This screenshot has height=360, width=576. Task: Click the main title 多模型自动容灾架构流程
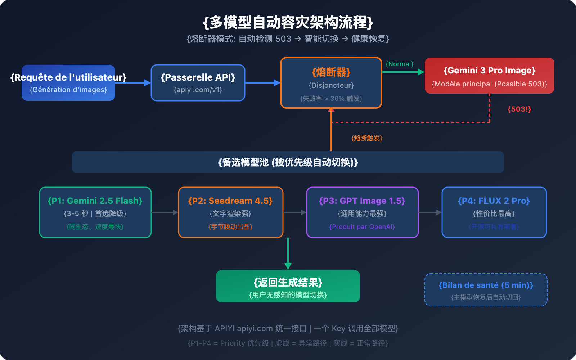click(288, 22)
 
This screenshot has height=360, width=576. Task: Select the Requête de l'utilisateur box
click(68, 83)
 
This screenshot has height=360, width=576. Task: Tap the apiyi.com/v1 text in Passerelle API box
click(198, 90)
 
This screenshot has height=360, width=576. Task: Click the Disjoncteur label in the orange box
click(331, 85)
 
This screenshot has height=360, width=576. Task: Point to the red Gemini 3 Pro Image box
click(489, 76)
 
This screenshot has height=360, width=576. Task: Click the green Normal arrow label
click(399, 64)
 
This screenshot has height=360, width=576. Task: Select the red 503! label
click(519, 109)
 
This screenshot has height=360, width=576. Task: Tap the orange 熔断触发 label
click(367, 138)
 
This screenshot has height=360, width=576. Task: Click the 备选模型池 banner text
click(288, 162)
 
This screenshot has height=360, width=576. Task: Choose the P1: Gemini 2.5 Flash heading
click(95, 201)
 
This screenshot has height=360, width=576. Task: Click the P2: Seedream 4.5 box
click(230, 212)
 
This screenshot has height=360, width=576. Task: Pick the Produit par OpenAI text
click(362, 227)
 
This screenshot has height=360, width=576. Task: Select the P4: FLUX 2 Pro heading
click(494, 201)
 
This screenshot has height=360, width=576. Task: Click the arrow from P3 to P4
click(430, 212)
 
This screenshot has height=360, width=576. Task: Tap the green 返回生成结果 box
click(288, 286)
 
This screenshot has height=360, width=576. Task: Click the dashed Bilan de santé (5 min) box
click(486, 290)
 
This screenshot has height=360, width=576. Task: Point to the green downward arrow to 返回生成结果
click(288, 254)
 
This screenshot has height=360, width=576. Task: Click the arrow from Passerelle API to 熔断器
click(262, 83)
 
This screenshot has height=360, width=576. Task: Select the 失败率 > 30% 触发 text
click(331, 99)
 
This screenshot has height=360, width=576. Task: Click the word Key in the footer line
click(338, 329)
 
